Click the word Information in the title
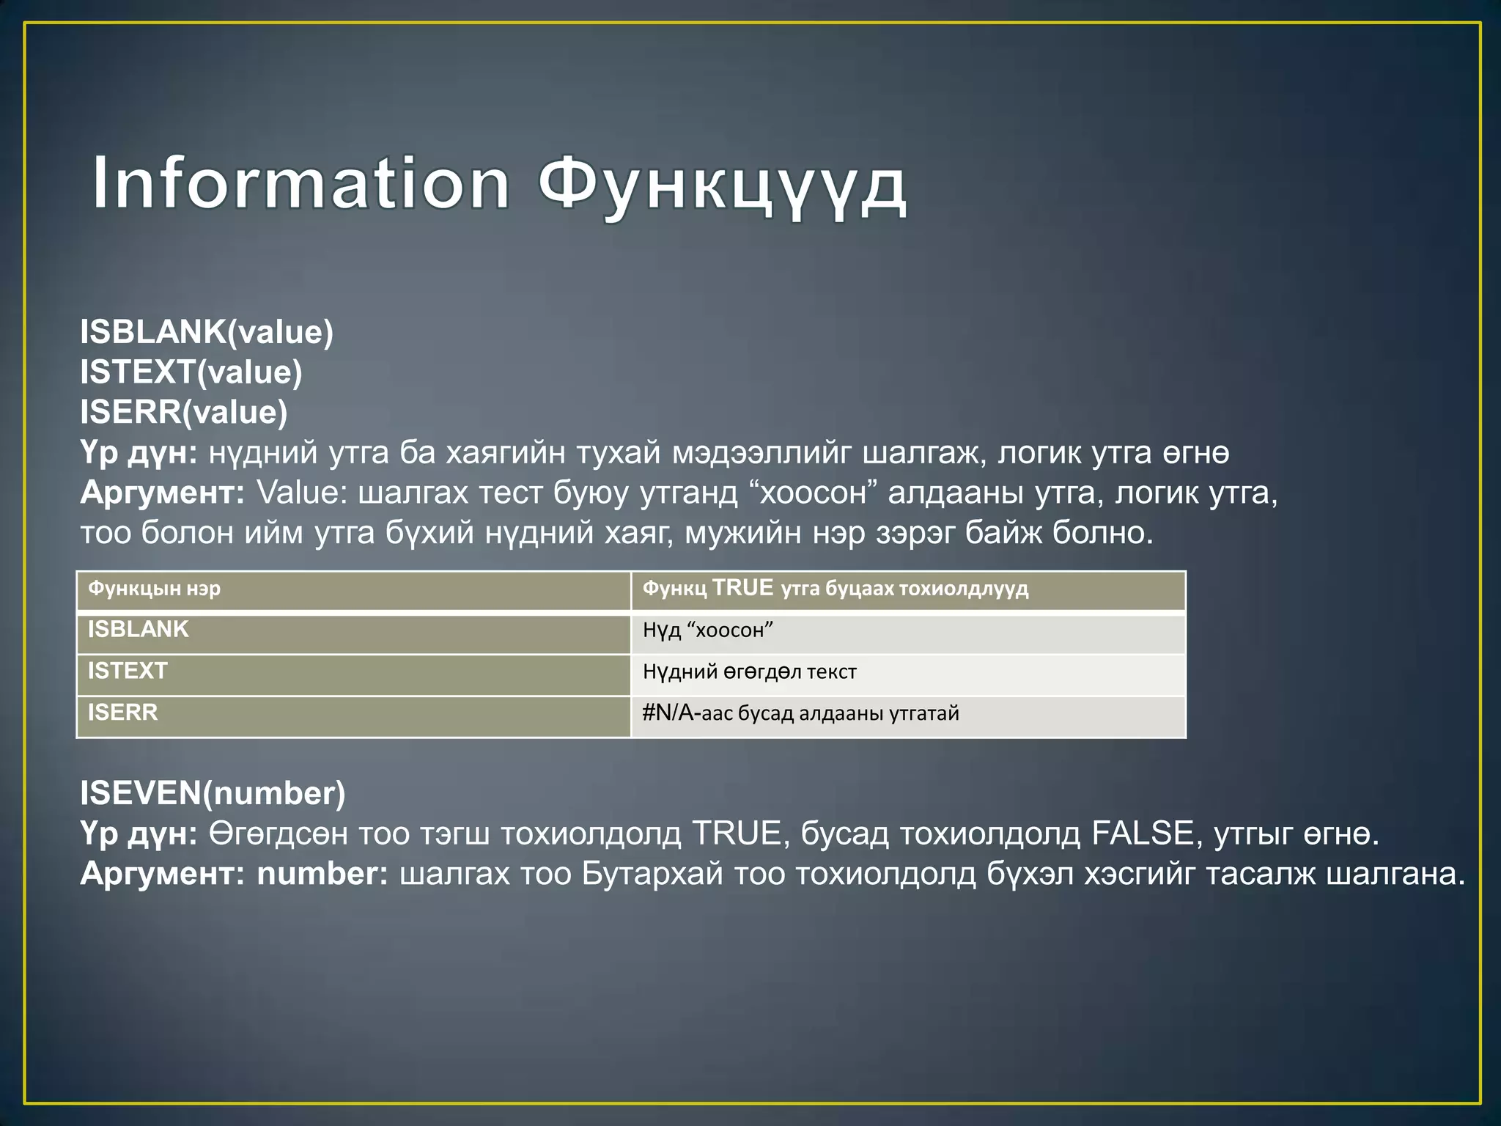click(x=300, y=183)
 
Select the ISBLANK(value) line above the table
click(x=207, y=332)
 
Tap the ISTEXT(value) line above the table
click(x=191, y=372)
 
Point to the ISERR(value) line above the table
click(x=184, y=412)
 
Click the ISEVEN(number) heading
click(x=213, y=793)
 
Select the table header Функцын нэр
click(x=154, y=589)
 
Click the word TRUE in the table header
click(x=742, y=588)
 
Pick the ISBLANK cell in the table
click(x=139, y=630)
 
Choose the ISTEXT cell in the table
click(x=128, y=671)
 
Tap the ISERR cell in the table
click(x=122, y=713)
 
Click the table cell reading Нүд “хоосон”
click(x=708, y=630)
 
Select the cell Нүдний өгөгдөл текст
click(x=749, y=671)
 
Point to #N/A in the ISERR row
click(x=667, y=713)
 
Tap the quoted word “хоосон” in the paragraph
click(x=814, y=493)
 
